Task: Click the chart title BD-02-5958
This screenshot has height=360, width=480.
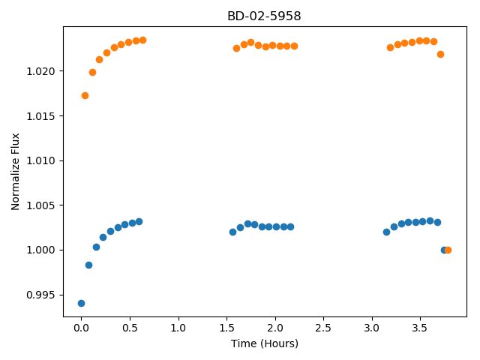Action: (264, 16)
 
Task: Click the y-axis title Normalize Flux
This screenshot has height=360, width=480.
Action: (15, 172)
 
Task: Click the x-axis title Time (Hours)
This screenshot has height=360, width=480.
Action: (265, 343)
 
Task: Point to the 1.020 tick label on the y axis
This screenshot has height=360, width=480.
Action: (40, 71)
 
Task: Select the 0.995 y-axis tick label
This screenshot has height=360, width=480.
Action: (40, 295)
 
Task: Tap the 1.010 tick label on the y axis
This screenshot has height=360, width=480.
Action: (40, 160)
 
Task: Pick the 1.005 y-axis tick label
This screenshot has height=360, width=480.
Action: (40, 205)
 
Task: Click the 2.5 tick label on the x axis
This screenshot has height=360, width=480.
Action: (323, 328)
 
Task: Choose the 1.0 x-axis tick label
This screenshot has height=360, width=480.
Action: (178, 328)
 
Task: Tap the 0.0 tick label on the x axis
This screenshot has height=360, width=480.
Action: (81, 328)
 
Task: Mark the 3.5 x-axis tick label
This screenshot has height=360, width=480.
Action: (420, 328)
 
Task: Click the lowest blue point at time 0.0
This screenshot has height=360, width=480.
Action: (81, 303)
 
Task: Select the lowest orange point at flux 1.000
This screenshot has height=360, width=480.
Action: (448, 250)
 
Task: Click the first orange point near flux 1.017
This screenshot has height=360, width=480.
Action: (85, 96)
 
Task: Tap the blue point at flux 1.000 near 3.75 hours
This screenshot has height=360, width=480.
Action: (443, 250)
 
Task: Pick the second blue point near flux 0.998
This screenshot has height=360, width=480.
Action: (88, 265)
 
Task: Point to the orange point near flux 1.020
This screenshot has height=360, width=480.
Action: (92, 73)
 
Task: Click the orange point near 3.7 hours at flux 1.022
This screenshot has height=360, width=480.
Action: (440, 55)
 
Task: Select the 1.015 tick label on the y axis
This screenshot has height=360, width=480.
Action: (40, 116)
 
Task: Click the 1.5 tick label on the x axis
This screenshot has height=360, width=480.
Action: (226, 328)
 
